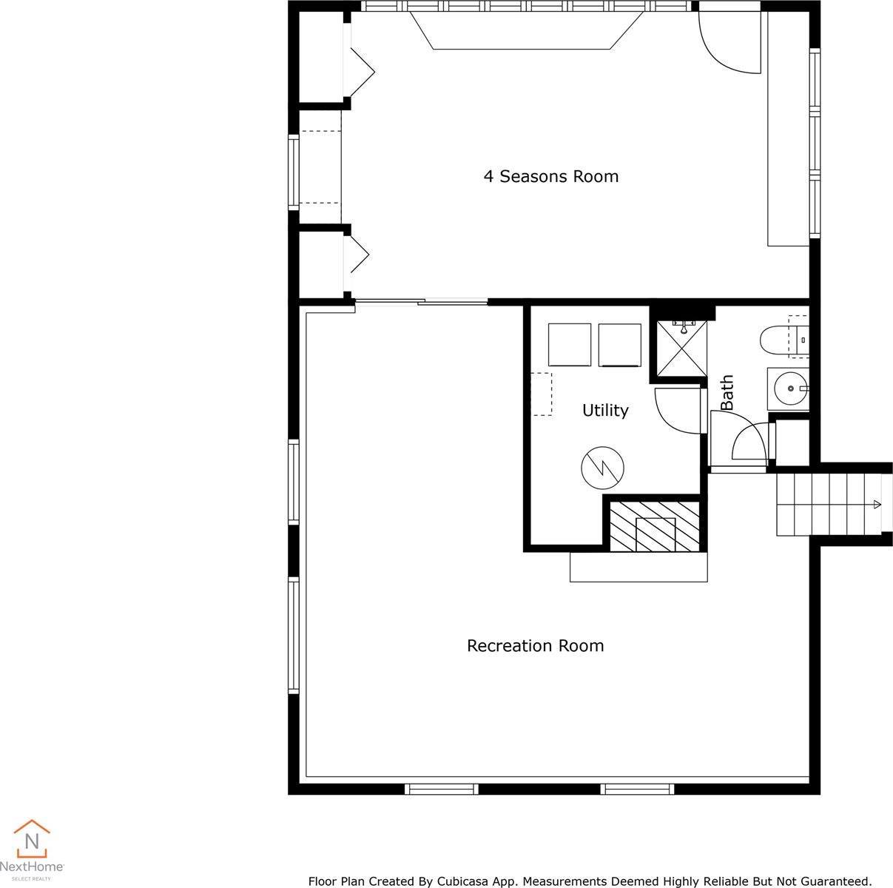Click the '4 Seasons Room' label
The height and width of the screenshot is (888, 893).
pyautogui.click(x=550, y=176)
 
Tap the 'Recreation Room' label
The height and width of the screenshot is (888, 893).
pyautogui.click(x=535, y=645)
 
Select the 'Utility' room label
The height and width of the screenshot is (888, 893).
pyautogui.click(x=604, y=410)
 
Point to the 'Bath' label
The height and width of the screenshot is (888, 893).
pyautogui.click(x=727, y=393)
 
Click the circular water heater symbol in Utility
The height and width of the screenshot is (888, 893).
pyautogui.click(x=602, y=468)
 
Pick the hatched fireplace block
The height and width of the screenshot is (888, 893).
pyautogui.click(x=654, y=526)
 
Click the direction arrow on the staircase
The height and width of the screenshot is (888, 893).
pyautogui.click(x=877, y=505)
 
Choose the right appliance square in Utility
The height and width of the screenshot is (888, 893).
pyautogui.click(x=619, y=344)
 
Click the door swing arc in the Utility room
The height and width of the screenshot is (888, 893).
pyautogui.click(x=675, y=411)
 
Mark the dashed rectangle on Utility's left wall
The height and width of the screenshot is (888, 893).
pyautogui.click(x=541, y=394)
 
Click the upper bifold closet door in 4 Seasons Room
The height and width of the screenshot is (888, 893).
pyautogui.click(x=360, y=73)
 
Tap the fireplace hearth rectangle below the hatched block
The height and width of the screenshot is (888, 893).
pyautogui.click(x=638, y=566)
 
